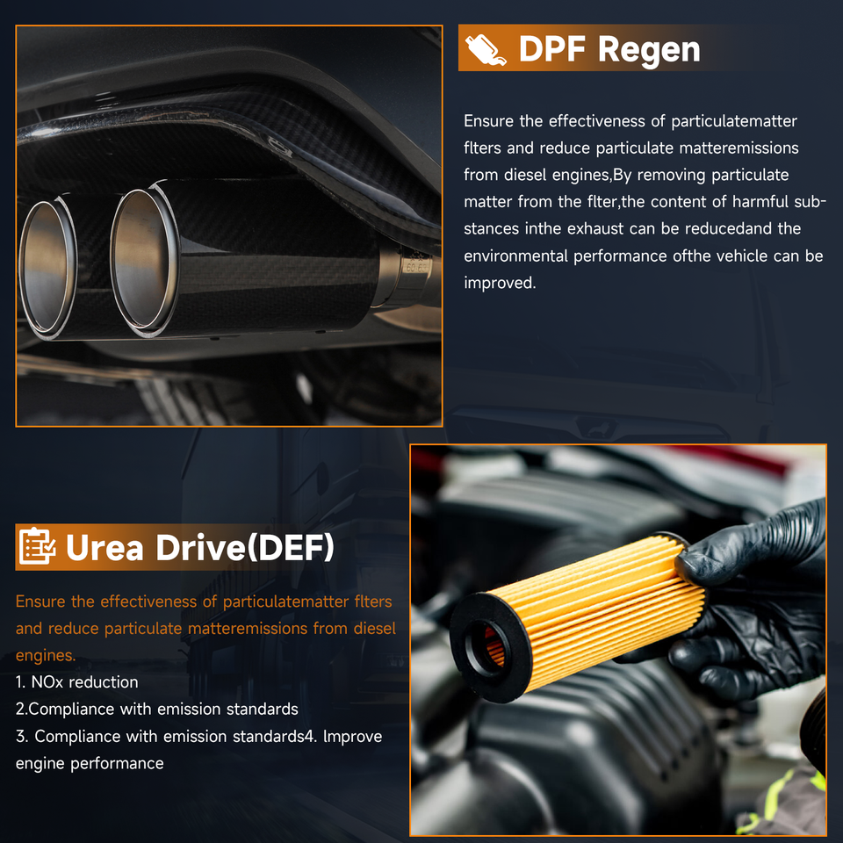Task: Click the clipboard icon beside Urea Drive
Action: point(37,546)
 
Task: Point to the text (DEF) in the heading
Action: point(289,547)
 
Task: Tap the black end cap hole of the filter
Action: point(485,647)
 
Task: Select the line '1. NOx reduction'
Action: point(77,682)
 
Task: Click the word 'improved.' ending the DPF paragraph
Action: point(500,284)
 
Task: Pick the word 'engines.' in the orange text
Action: point(46,656)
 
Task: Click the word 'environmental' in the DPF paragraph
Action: point(516,256)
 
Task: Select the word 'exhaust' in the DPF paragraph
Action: point(595,229)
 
